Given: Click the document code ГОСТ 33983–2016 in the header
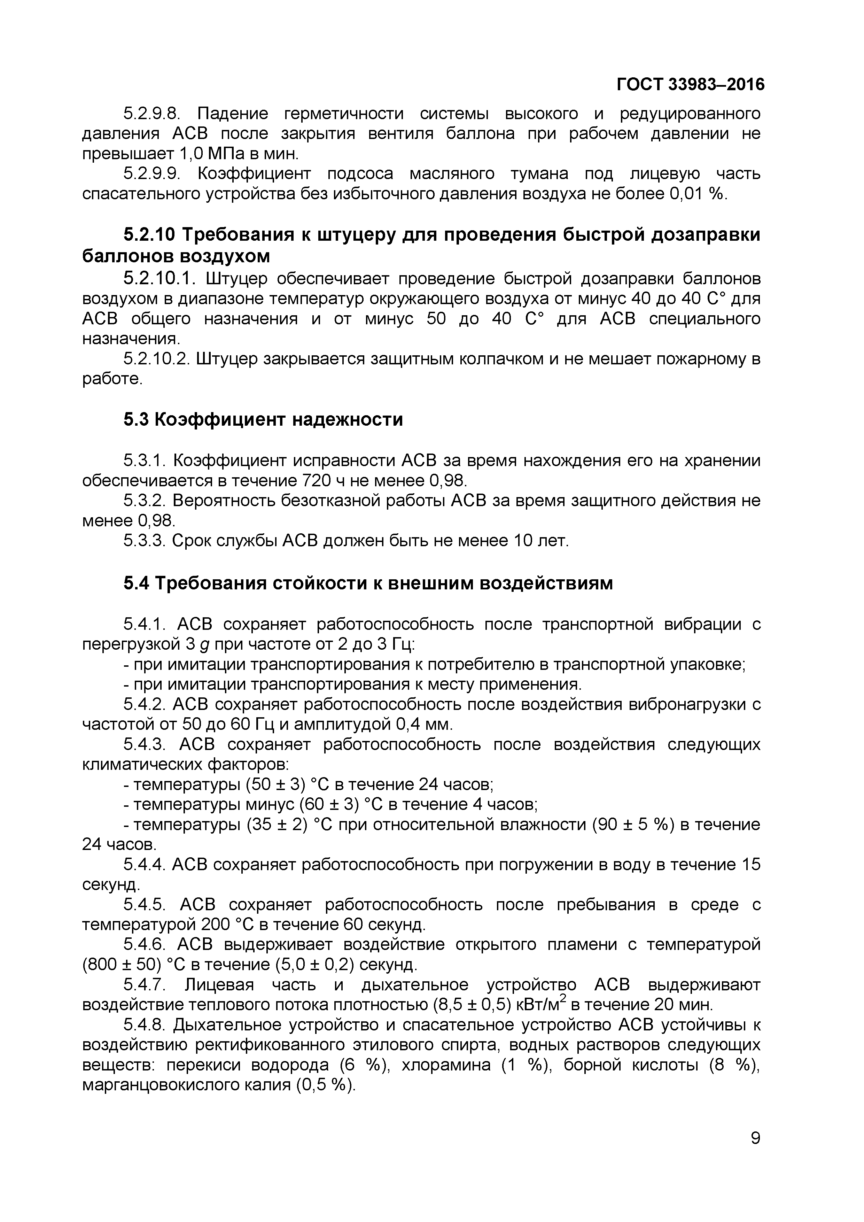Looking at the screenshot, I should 690,85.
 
